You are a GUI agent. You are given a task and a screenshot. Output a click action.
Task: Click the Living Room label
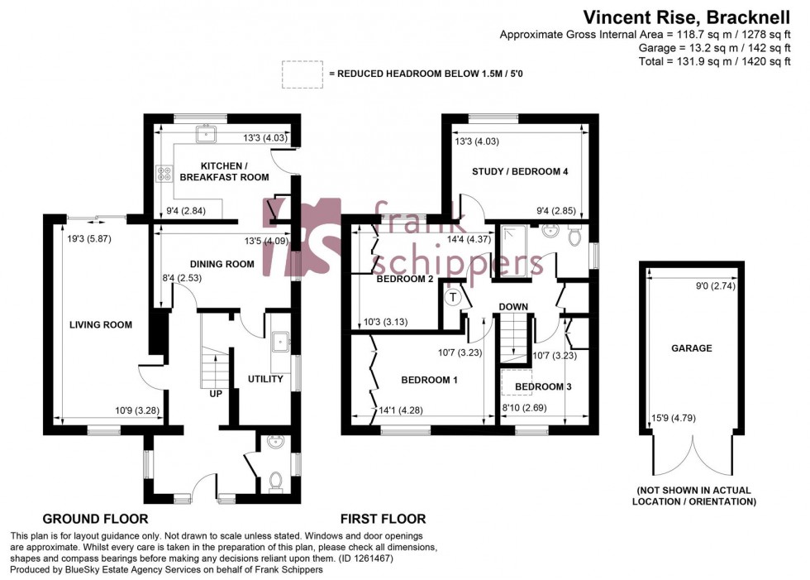(x=102, y=325)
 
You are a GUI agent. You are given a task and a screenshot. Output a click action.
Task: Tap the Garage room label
(x=691, y=348)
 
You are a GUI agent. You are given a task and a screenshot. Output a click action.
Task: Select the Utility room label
(x=266, y=380)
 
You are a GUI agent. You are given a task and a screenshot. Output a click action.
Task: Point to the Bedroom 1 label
(x=429, y=380)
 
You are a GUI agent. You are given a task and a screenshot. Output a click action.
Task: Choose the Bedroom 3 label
(x=543, y=386)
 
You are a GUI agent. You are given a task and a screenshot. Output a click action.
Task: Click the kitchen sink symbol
(x=203, y=132)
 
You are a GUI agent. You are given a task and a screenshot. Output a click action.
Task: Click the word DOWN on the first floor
(x=513, y=307)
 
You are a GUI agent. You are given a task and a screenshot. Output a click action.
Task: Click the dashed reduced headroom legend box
(x=303, y=74)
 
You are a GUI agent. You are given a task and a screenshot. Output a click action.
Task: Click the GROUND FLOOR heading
(x=95, y=520)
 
